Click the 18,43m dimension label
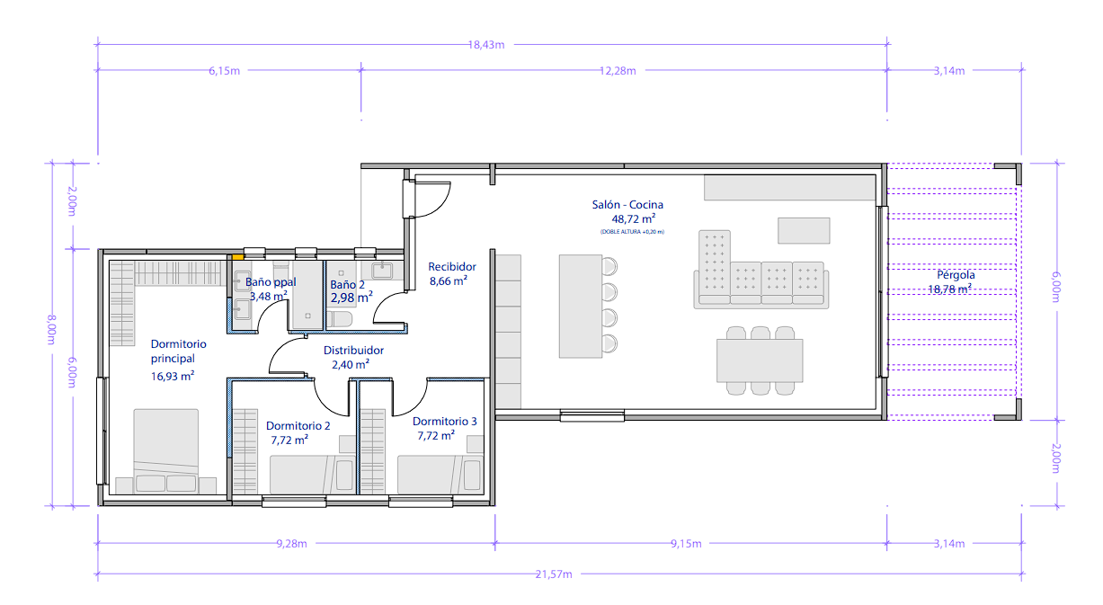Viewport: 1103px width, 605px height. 486,45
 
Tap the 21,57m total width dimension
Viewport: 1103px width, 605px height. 554,574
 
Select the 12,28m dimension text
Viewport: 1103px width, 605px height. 618,71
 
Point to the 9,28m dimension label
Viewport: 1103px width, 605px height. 291,544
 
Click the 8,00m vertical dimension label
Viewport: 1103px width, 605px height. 51,329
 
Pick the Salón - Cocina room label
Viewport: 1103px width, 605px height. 627,204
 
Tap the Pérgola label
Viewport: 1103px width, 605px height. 956,274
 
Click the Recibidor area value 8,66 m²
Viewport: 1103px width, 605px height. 448,281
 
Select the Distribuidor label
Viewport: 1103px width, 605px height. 353,350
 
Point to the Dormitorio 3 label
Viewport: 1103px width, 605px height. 445,421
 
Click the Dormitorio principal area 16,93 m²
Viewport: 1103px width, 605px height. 173,376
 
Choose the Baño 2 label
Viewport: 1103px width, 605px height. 347,285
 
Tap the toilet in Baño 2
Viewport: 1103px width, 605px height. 340,319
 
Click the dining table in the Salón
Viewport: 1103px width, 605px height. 760,360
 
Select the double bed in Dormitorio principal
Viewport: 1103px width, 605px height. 166,451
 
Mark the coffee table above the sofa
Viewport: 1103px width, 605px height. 804,230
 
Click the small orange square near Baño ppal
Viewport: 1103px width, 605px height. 238,257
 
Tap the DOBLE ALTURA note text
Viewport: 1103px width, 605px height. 632,231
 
